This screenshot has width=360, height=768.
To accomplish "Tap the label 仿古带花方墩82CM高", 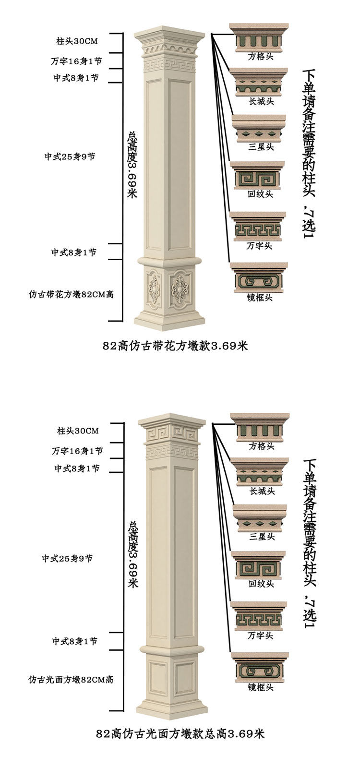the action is coord(71,294).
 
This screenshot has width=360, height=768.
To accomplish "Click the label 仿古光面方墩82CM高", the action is coord(71,680).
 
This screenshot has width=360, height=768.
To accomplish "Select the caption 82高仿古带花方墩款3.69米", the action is coord(175,346).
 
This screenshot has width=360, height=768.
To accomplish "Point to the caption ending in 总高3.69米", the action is coord(180,734).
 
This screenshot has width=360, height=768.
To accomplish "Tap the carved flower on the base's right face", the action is coord(180,288).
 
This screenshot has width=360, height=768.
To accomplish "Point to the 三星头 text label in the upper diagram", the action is coord(261,147).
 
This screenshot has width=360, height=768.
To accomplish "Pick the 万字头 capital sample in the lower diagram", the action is coord(260,616).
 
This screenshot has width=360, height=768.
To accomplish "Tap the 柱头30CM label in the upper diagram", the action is coord(77,41).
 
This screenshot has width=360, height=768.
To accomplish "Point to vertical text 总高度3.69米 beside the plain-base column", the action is coord(133,554).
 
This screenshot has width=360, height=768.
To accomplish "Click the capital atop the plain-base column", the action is coord(172,430).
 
